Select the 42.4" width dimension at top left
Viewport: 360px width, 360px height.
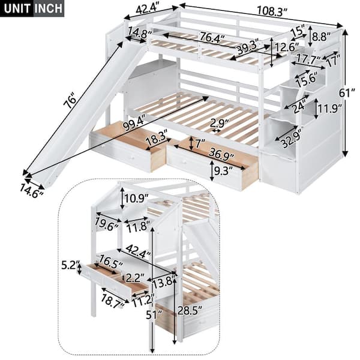(143, 9)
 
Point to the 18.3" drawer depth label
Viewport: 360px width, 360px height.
(152, 137)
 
